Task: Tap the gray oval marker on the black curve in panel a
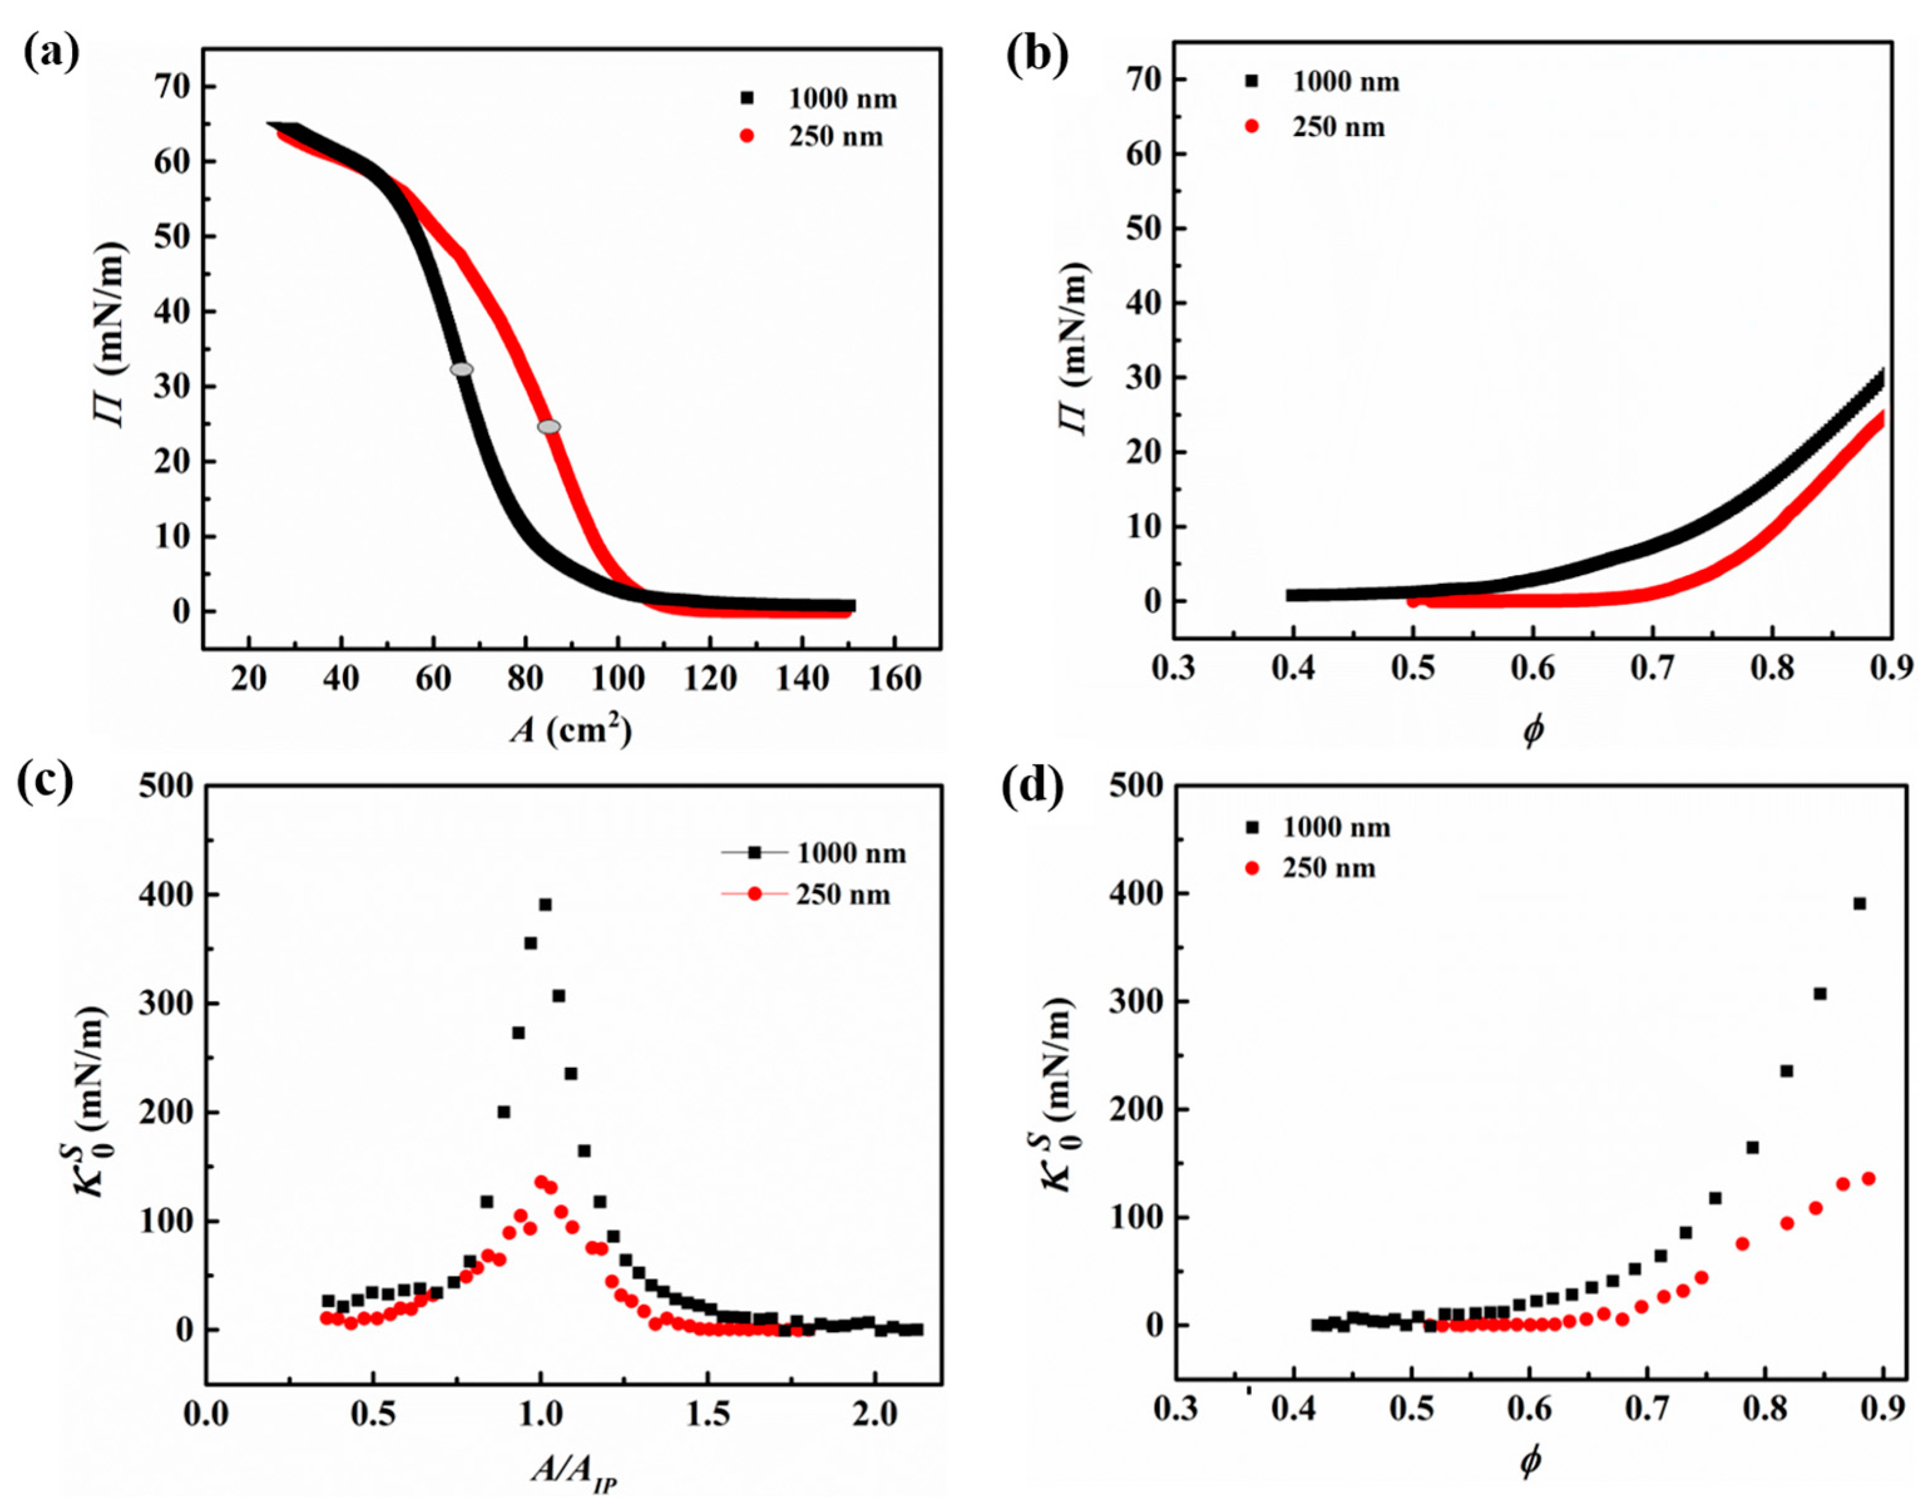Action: (462, 369)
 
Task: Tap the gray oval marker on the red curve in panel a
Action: (548, 426)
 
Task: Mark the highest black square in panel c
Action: (545, 904)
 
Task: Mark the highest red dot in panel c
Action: (541, 1181)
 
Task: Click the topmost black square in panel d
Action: (1858, 903)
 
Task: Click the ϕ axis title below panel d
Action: (1531, 1461)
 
